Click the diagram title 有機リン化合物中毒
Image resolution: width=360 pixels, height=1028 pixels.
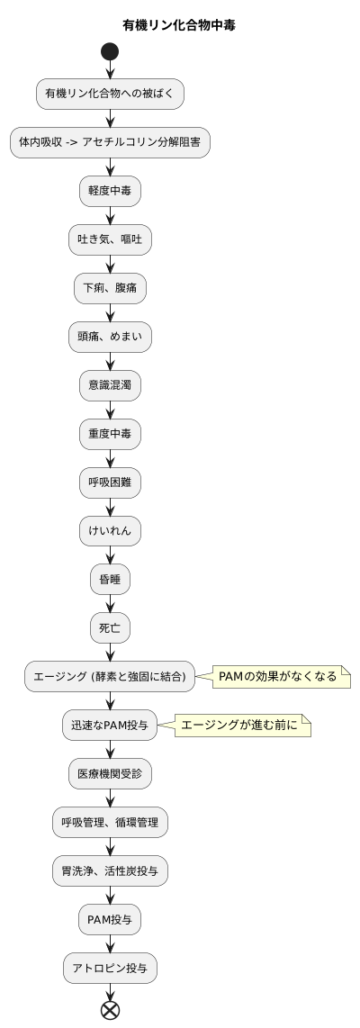pyautogui.click(x=180, y=24)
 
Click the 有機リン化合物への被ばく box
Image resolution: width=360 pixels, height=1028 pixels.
pyautogui.click(x=110, y=93)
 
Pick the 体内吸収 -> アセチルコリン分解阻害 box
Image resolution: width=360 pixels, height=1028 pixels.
pyautogui.click(x=110, y=142)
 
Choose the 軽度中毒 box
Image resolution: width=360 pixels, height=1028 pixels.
pyautogui.click(x=110, y=191)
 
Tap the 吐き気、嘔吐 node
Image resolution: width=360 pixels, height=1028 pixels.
pyautogui.click(x=110, y=239)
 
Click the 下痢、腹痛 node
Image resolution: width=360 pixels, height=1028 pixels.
pyautogui.click(x=110, y=288)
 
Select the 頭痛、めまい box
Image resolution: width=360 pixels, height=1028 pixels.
pyautogui.click(x=110, y=337)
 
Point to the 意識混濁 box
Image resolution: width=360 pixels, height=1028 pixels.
pyautogui.click(x=110, y=385)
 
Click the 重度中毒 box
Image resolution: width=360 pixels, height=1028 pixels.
pyautogui.click(x=110, y=434)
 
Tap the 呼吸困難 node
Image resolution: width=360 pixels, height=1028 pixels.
pyautogui.click(x=110, y=482)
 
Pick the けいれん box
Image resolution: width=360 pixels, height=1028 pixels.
pyautogui.click(x=110, y=531)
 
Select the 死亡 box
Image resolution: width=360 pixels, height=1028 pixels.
pyautogui.click(x=110, y=628)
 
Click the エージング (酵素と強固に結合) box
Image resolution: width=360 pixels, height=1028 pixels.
pyautogui.click(x=110, y=677)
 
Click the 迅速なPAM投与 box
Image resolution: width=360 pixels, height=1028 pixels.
pyautogui.click(x=110, y=726)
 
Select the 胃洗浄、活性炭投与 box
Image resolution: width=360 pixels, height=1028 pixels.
pyautogui.click(x=110, y=871)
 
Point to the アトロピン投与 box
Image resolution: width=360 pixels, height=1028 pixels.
pyautogui.click(x=110, y=969)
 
